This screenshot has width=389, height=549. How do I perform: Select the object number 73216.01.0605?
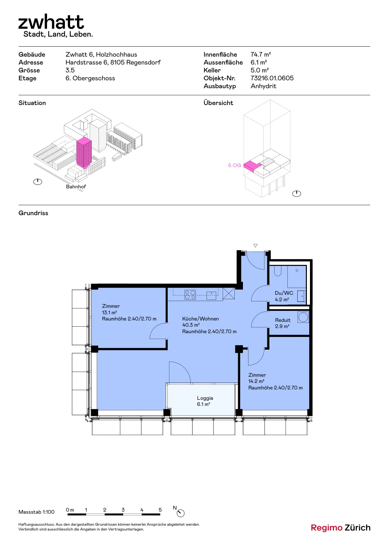point(272,78)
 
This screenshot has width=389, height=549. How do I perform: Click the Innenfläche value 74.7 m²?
point(260,55)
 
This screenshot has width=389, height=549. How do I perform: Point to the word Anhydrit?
point(263,86)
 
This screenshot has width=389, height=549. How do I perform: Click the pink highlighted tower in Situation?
point(84,152)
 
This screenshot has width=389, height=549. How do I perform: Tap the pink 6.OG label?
point(234,165)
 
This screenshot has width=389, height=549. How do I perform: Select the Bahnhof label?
point(76,187)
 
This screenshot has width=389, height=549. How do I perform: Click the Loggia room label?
point(205,398)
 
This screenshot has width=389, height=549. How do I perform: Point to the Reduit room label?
point(282,320)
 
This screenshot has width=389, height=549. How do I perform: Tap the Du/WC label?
point(284,293)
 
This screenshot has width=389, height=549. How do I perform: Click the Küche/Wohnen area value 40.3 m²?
point(191,325)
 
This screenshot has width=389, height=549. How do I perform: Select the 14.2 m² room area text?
point(256,381)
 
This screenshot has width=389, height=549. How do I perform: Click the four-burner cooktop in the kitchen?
point(190,295)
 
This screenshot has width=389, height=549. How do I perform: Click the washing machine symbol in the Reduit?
point(303,317)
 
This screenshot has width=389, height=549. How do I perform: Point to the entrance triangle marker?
point(255,246)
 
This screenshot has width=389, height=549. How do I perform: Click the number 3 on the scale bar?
point(123,510)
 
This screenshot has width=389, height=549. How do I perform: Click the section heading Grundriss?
point(33,213)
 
